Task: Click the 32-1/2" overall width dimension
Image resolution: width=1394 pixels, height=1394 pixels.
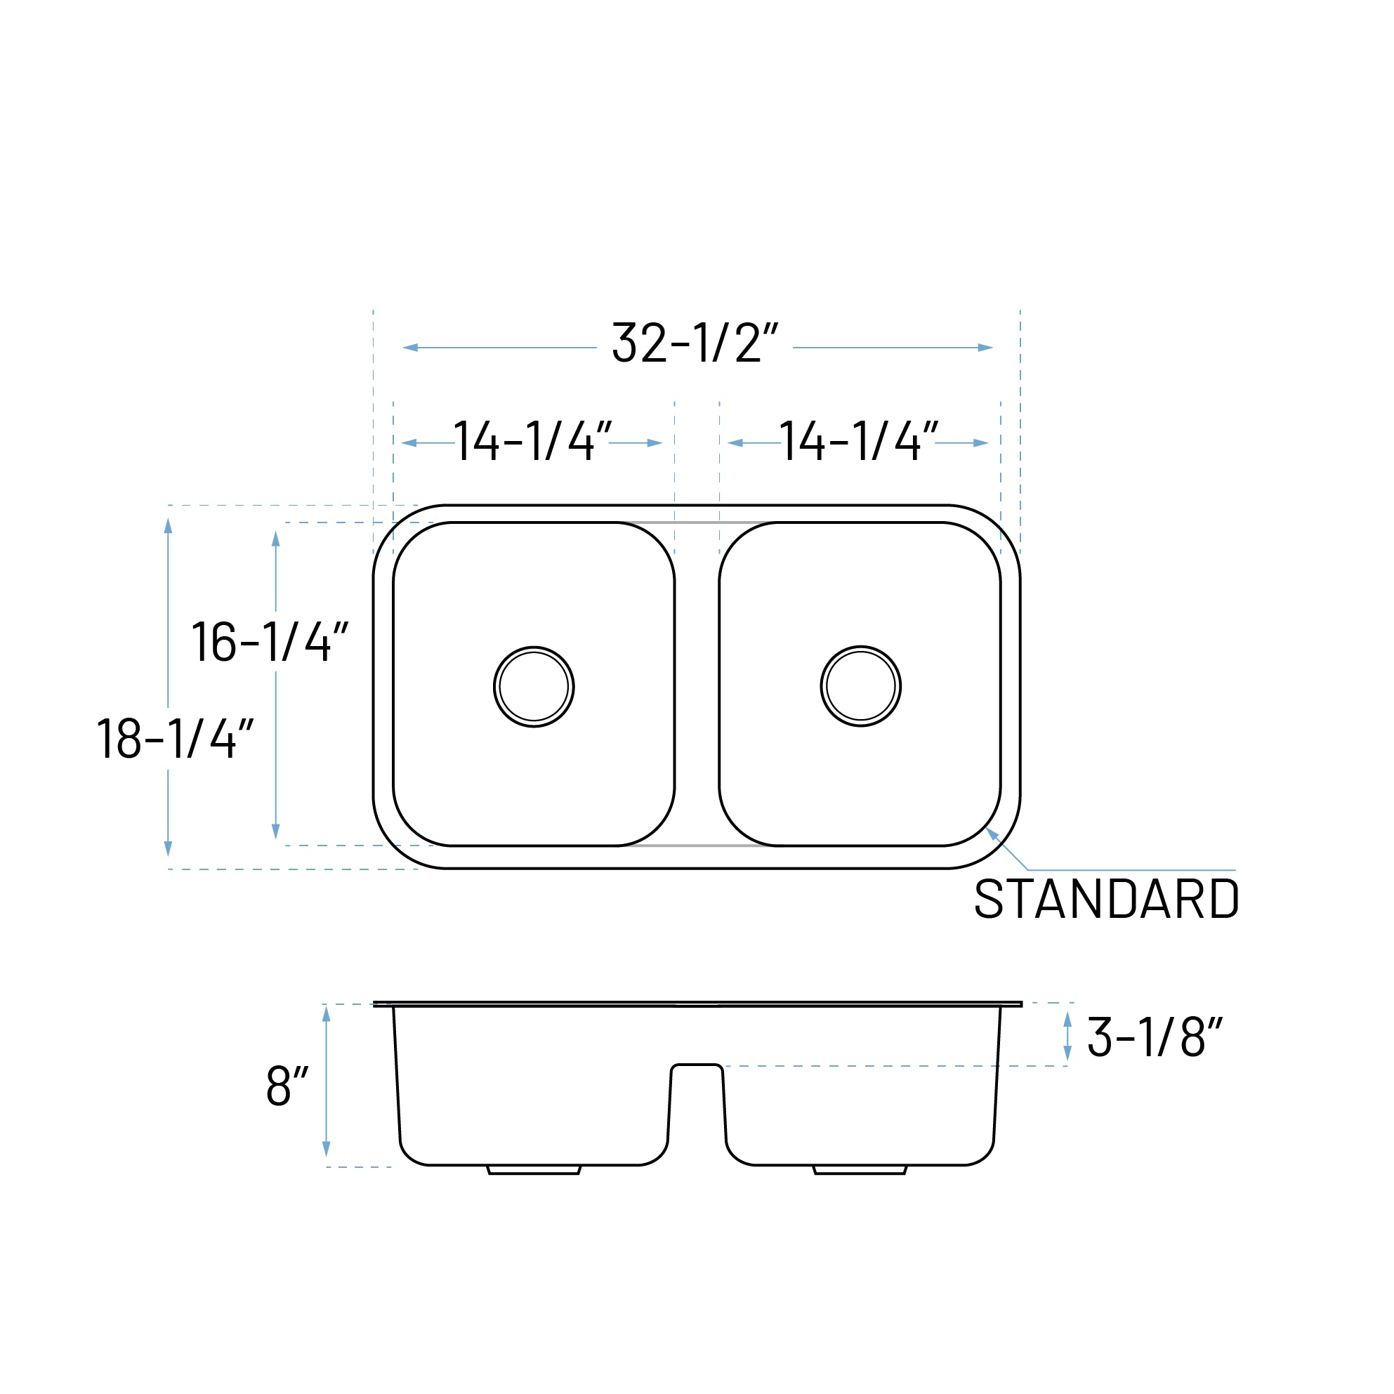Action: [694, 343]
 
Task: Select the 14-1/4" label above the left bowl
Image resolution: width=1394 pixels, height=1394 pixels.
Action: [532, 441]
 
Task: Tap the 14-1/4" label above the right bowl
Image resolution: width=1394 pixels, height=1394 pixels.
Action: [858, 441]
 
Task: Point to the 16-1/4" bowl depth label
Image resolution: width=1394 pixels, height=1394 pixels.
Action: [270, 641]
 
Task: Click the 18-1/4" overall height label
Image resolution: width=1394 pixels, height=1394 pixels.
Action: [175, 739]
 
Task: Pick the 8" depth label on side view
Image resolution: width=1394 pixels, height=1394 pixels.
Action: [287, 1086]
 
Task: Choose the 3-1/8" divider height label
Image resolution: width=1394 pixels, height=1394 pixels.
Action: [1154, 1037]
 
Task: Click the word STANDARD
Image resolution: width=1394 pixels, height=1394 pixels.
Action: [1106, 899]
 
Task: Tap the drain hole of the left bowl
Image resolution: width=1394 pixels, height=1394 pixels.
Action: [534, 687]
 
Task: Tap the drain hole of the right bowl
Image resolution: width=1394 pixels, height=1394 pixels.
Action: [861, 686]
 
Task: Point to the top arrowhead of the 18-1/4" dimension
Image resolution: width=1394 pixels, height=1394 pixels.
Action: [168, 526]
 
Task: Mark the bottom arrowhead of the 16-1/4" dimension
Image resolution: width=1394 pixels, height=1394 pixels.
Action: [275, 831]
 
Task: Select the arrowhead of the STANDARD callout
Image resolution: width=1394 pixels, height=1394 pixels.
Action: [992, 834]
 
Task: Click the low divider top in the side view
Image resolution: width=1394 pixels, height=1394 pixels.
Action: [696, 1065]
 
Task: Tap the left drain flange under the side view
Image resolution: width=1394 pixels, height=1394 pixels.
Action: [534, 1169]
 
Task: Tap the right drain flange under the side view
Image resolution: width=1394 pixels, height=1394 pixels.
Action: [860, 1169]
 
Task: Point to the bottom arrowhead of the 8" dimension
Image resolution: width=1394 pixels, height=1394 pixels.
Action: [326, 1149]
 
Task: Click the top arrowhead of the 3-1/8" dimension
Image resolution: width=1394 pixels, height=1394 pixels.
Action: [1067, 1020]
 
